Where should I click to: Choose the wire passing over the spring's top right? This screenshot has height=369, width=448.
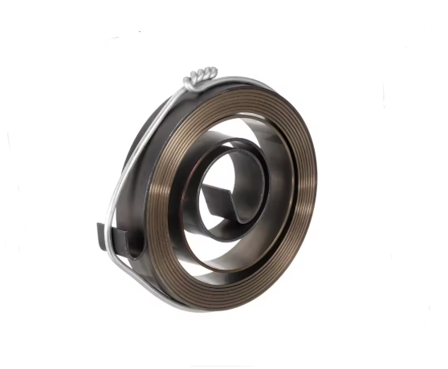pyautogui.click(x=265, y=83)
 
